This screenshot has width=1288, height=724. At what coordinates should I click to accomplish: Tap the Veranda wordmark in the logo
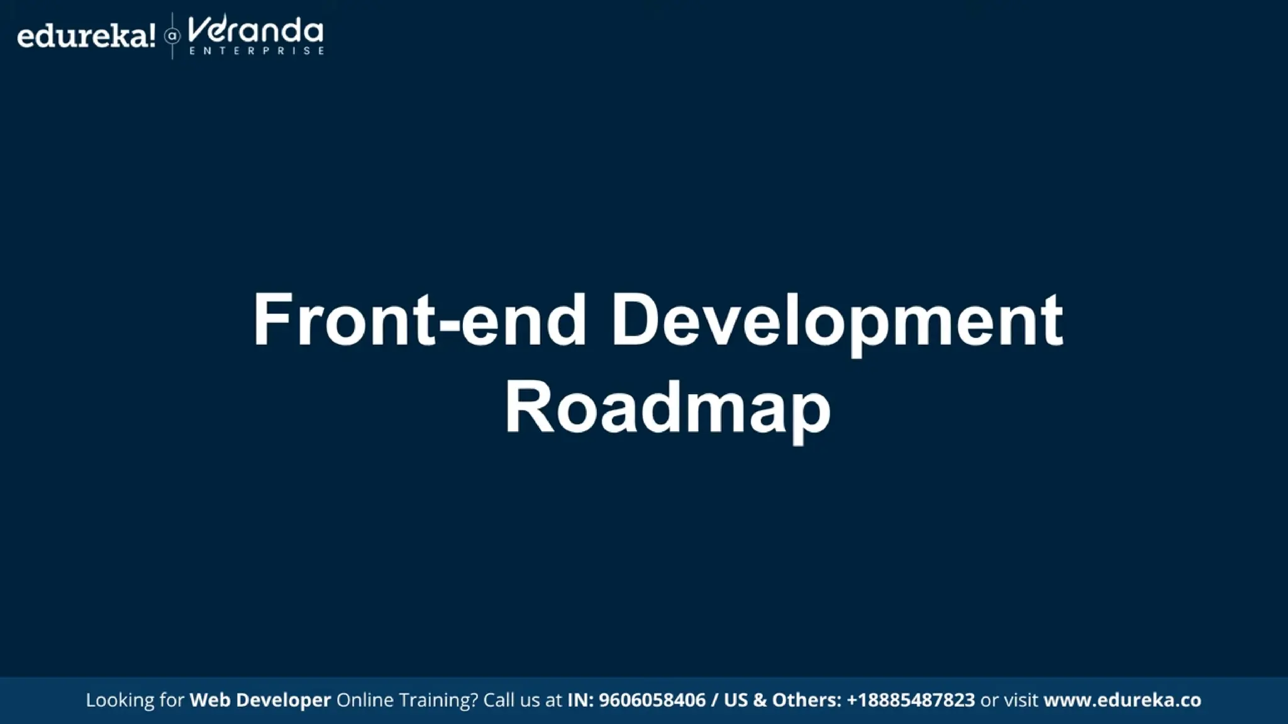[255, 30]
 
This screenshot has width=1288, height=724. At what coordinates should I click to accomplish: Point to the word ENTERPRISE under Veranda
[257, 51]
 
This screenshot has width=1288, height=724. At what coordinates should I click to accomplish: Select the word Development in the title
[837, 321]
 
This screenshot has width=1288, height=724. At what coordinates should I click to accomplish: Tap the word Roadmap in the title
[667, 409]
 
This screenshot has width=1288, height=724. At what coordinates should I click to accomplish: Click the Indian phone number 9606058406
[652, 700]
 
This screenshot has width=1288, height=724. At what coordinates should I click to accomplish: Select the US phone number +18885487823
[911, 700]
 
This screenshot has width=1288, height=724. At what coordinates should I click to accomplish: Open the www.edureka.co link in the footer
[1122, 700]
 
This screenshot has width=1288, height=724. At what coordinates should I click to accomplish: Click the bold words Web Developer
[260, 700]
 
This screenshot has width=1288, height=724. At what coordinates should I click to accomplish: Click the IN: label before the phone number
[580, 700]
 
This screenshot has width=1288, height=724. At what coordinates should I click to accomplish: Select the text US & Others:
[782, 700]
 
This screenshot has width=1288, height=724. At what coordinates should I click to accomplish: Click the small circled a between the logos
[172, 36]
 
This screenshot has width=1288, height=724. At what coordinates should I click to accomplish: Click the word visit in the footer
[1021, 700]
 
